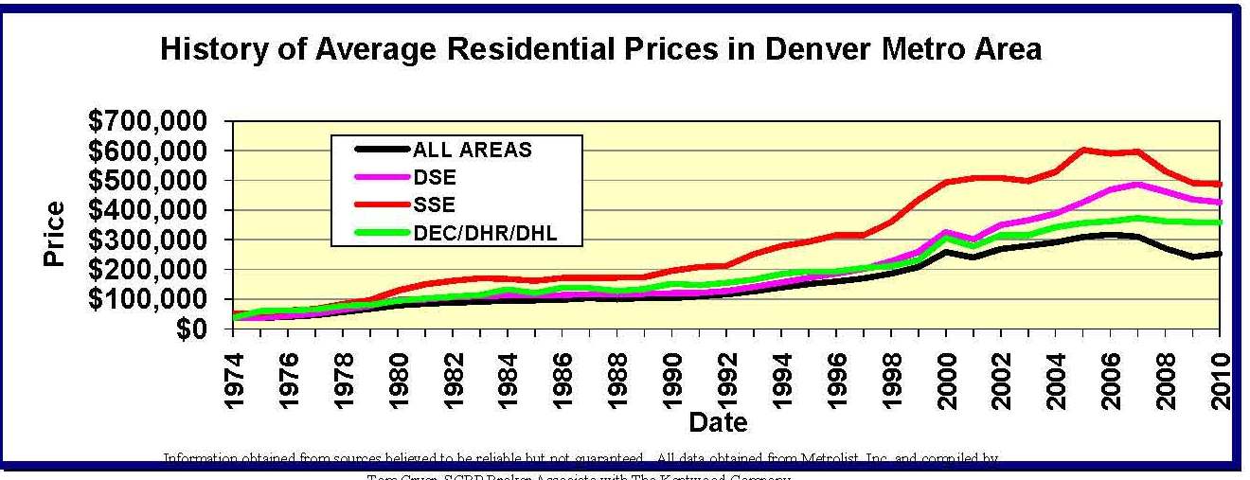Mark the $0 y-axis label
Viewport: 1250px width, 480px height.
195,329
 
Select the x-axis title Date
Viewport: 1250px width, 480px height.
717,421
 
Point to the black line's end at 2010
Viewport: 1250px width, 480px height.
1220,253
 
